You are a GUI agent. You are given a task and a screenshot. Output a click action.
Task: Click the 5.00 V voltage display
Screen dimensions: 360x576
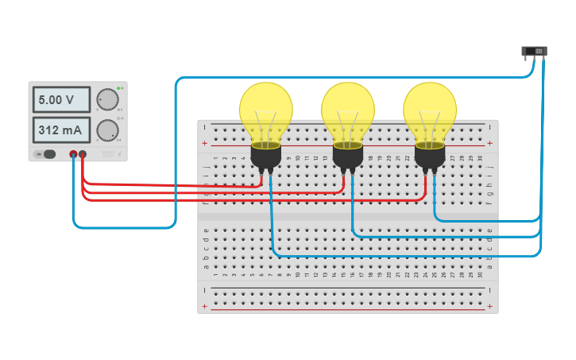[x=60, y=100]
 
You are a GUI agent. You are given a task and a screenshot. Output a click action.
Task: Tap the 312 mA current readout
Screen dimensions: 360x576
[x=60, y=130]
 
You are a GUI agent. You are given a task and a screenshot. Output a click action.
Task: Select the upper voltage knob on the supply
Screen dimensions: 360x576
[x=106, y=99]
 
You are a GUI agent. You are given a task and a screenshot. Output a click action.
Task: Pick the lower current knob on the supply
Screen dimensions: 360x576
[x=106, y=130]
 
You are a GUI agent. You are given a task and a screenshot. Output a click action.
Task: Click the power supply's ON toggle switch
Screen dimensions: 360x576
[x=48, y=154]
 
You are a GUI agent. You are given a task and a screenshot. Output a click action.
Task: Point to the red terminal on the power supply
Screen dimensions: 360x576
[x=83, y=154]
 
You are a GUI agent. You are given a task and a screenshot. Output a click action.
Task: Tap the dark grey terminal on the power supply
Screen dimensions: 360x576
[x=73, y=154]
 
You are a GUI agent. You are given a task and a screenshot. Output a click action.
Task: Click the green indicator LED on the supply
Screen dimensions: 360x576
[x=118, y=87]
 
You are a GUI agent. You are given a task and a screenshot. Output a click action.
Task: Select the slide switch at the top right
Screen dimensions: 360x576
[x=535, y=52]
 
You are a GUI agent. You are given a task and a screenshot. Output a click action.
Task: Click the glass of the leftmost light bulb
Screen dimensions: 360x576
[x=266, y=111]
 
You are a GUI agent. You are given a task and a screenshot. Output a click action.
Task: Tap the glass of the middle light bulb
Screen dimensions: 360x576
[x=348, y=111]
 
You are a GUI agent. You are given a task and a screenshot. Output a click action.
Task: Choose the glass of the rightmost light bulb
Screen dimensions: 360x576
[x=430, y=111]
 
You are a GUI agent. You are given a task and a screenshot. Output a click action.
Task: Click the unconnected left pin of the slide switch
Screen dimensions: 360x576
[x=527, y=60]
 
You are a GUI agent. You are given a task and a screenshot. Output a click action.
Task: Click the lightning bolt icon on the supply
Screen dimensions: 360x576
[x=118, y=154]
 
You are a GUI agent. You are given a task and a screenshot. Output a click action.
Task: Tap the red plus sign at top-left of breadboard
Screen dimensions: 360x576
[x=205, y=143]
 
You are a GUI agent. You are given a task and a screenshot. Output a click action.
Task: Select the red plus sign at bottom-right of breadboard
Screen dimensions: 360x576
[x=489, y=306]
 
